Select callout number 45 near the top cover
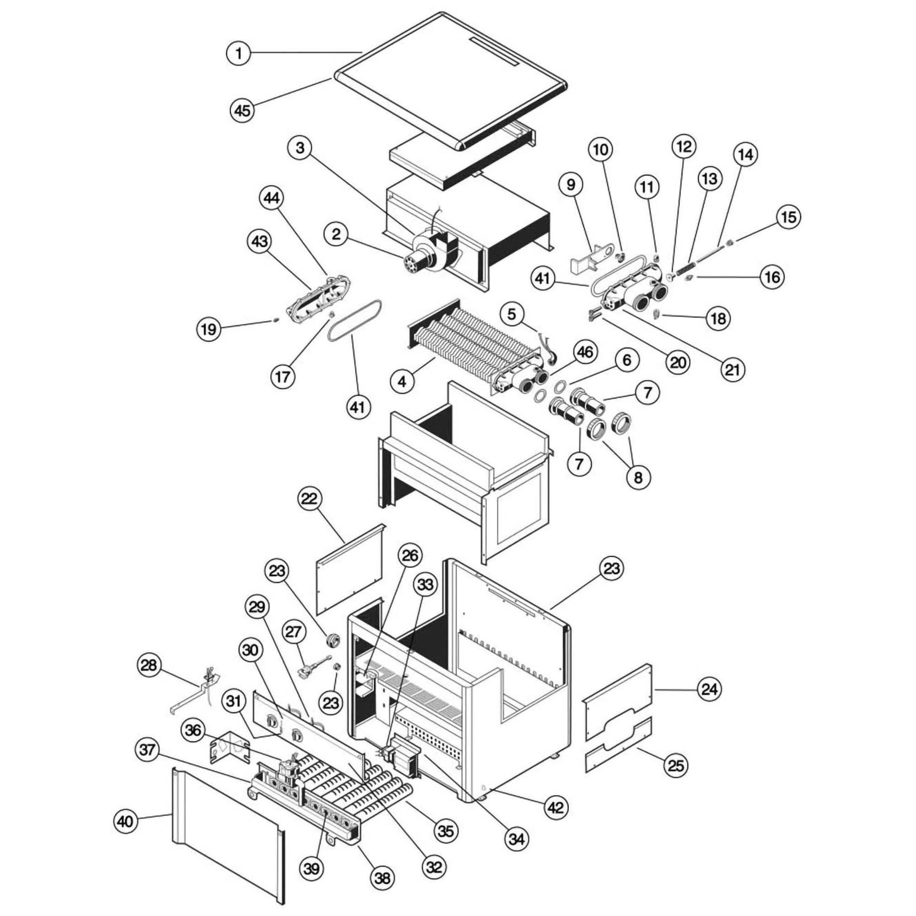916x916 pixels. tap(242, 110)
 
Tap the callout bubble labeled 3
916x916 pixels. tap(300, 148)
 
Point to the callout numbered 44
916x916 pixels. tap(272, 198)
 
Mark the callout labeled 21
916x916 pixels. tap(732, 369)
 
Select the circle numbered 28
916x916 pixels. tap(149, 665)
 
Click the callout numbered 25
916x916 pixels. tap(676, 765)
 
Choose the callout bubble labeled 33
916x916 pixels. tap(425, 584)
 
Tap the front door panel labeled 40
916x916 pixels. tap(228, 825)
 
